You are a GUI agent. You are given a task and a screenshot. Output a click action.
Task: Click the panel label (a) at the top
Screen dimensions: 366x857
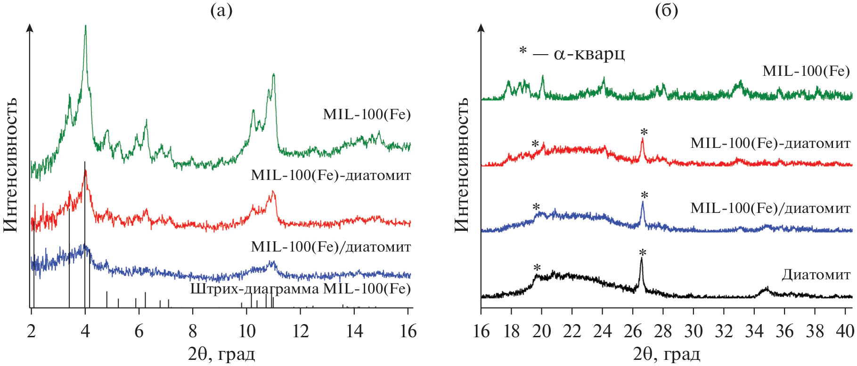[221, 10]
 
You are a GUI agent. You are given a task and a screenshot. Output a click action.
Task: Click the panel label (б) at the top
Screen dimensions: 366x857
[667, 10]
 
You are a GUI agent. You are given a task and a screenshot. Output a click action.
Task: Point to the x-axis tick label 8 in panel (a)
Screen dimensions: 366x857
[193, 331]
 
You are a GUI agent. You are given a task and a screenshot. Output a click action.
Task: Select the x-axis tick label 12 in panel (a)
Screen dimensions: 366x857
[300, 331]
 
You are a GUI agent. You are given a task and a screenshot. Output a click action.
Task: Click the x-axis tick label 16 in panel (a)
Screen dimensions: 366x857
[408, 331]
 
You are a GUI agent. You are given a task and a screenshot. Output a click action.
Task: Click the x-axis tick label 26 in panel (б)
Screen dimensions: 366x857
[633, 331]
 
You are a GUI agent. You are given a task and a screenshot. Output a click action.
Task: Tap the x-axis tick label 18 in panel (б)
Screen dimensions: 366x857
[512, 331]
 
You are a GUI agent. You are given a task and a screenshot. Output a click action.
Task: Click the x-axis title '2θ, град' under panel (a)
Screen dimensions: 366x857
[221, 354]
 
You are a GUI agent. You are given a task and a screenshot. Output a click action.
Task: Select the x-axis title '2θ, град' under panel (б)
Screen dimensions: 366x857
[667, 354]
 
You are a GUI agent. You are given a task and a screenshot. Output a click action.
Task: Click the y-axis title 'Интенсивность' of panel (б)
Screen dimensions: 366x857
[462, 165]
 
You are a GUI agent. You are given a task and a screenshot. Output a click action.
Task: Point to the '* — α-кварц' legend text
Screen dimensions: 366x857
[572, 53]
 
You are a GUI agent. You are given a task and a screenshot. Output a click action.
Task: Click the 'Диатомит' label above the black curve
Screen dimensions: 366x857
[816, 275]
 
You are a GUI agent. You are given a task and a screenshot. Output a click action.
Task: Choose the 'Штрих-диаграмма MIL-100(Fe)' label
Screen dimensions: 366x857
[300, 288]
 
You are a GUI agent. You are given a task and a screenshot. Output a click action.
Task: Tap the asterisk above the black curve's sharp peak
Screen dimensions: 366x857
[642, 253]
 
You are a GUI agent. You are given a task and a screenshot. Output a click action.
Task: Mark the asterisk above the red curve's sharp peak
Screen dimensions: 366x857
[644, 132]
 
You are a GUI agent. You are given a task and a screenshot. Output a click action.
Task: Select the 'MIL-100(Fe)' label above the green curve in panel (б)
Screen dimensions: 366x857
[806, 71]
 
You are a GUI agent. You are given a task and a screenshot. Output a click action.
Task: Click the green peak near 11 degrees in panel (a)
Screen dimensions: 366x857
[273, 75]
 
